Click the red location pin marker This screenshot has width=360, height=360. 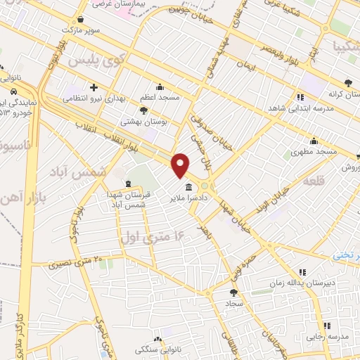[181, 166]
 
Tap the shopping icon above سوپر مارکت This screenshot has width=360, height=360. [83, 20]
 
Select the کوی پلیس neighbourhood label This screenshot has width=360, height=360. [94, 61]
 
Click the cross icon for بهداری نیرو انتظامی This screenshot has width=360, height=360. [94, 86]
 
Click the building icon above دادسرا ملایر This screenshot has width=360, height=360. [189, 188]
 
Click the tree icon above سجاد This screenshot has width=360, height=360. [233, 292]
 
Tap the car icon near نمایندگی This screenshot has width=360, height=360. [15, 92]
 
